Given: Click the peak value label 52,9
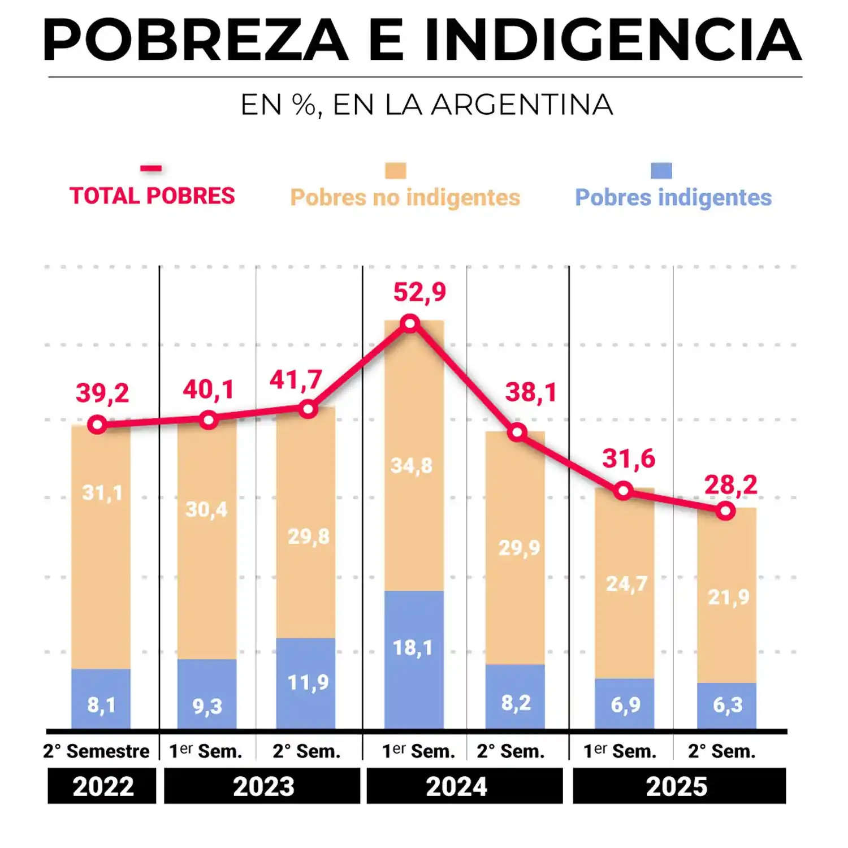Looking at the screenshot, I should point(419,292).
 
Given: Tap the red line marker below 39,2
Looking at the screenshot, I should point(97,425).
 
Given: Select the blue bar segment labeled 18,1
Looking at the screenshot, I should point(414,659).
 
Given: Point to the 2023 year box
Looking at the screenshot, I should point(262,786).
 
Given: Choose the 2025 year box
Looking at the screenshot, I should point(679,786).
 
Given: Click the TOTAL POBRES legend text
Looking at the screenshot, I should point(152,196).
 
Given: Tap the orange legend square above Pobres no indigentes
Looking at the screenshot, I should point(395,170).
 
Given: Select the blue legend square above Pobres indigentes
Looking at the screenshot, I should point(661,170).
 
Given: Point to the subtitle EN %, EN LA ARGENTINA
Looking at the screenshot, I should point(427,105).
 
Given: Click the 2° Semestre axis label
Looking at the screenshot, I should point(97,751).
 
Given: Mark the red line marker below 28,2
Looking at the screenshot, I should point(725,511).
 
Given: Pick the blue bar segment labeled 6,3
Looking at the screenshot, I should point(726,706).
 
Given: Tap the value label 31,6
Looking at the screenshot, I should point(628,458).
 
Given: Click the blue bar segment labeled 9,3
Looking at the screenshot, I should point(207,694).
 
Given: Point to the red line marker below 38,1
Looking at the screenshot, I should point(517,432).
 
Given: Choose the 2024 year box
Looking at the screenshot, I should point(465,786).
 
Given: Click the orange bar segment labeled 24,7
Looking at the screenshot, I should point(625,583).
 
